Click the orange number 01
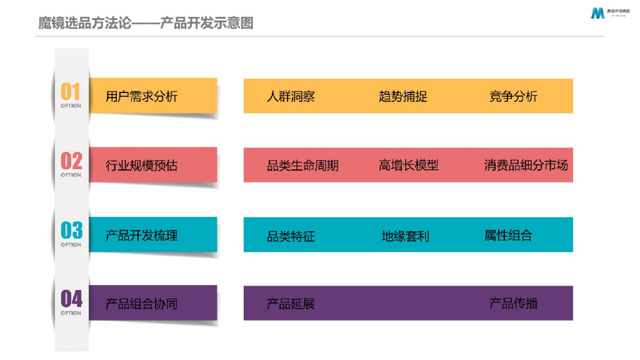tap(71, 92)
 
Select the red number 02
tap(71, 161)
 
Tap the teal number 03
tap(71, 231)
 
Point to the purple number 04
tap(71, 299)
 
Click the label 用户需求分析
tap(142, 96)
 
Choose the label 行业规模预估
tap(142, 166)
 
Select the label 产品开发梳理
tap(142, 236)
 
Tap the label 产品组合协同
tap(142, 304)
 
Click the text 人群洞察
tap(291, 97)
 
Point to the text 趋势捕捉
tap(403, 97)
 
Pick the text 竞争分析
tap(513, 97)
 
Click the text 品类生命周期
tap(302, 166)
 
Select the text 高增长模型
tap(409, 166)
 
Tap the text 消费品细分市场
tap(526, 166)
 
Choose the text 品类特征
tap(291, 236)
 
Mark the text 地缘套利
tap(406, 236)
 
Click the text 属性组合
tap(508, 236)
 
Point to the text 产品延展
tap(291, 304)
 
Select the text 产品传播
tap(513, 304)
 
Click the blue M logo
tap(597, 13)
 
